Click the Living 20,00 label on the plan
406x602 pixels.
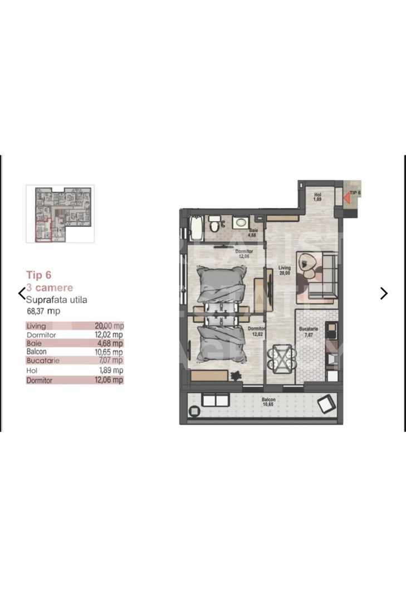(285, 270)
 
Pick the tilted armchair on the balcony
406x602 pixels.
(325, 403)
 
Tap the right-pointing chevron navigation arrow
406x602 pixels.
(384, 293)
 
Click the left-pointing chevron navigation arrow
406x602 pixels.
(22, 293)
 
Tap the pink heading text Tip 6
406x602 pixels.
(39, 275)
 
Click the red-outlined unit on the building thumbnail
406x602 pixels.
(43, 231)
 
